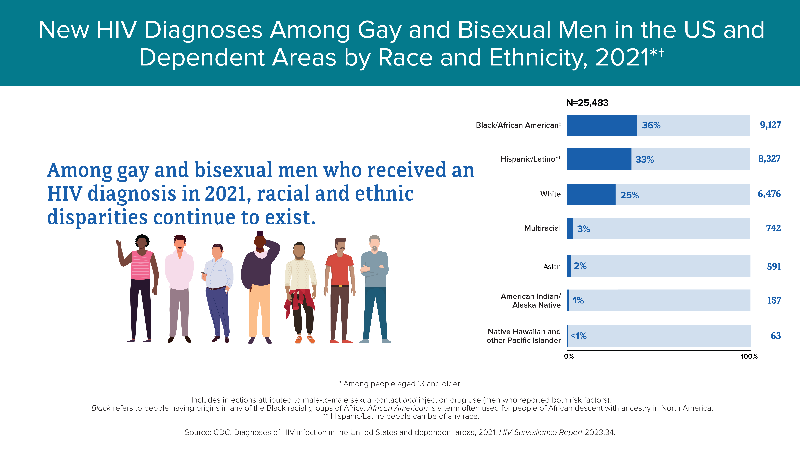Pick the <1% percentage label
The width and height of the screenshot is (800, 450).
[x=579, y=336]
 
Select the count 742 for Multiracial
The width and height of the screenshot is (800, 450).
[x=773, y=228]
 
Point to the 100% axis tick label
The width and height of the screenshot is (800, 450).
[x=749, y=357]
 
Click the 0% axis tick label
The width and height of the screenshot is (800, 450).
[x=569, y=357]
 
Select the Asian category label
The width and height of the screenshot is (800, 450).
[x=552, y=267]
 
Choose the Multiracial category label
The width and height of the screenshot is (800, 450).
[x=543, y=228]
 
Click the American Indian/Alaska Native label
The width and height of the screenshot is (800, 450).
[x=531, y=301]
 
